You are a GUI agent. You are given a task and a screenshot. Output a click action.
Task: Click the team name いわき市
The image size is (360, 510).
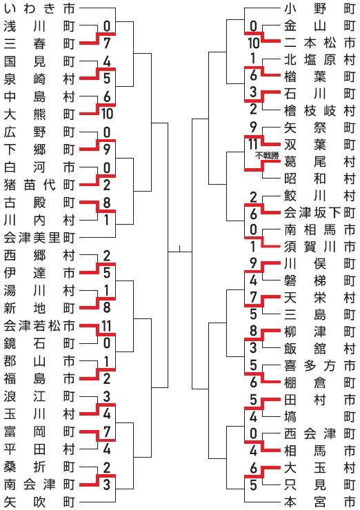pos(39,8)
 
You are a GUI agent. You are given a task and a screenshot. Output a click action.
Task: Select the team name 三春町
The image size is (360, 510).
pos(39,43)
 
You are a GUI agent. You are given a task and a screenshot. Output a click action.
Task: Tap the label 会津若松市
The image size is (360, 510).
pos(39,326)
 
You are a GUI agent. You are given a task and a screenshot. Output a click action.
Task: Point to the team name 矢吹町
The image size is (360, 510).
pos(39,502)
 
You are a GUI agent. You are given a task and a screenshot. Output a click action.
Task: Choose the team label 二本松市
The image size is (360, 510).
pos(319,42)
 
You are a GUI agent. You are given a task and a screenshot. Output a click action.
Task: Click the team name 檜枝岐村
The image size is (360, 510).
pos(319,110)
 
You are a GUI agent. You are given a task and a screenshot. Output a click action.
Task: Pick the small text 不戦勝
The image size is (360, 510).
pos(267,156)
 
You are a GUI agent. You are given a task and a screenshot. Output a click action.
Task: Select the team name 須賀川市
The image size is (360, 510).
pos(319,247)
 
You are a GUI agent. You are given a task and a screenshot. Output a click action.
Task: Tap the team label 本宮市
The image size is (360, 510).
pos(319,502)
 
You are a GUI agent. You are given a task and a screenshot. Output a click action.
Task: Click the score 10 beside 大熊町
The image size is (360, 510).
pos(107,114)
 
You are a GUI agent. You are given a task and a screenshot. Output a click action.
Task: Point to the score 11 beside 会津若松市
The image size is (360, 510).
pos(106,326)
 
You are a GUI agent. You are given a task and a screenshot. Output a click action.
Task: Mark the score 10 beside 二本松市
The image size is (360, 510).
pos(254,43)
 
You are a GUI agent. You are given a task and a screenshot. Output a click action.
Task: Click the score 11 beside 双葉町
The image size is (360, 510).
pos(253,145)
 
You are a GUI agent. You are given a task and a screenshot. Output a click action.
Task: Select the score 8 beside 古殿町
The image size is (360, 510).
pos(107,203)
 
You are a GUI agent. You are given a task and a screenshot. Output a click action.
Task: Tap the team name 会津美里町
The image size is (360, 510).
pos(39,238)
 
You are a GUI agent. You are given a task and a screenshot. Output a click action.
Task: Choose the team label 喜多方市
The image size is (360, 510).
pos(319,366)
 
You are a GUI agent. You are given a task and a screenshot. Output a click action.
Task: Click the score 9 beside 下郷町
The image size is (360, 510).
pos(107,150)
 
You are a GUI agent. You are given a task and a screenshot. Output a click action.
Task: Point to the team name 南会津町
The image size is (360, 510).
pos(39,484)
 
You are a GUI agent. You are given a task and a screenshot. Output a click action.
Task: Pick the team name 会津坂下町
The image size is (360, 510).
pos(319,213)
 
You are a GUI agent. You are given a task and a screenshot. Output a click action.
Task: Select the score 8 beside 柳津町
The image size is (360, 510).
pos(254,331)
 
